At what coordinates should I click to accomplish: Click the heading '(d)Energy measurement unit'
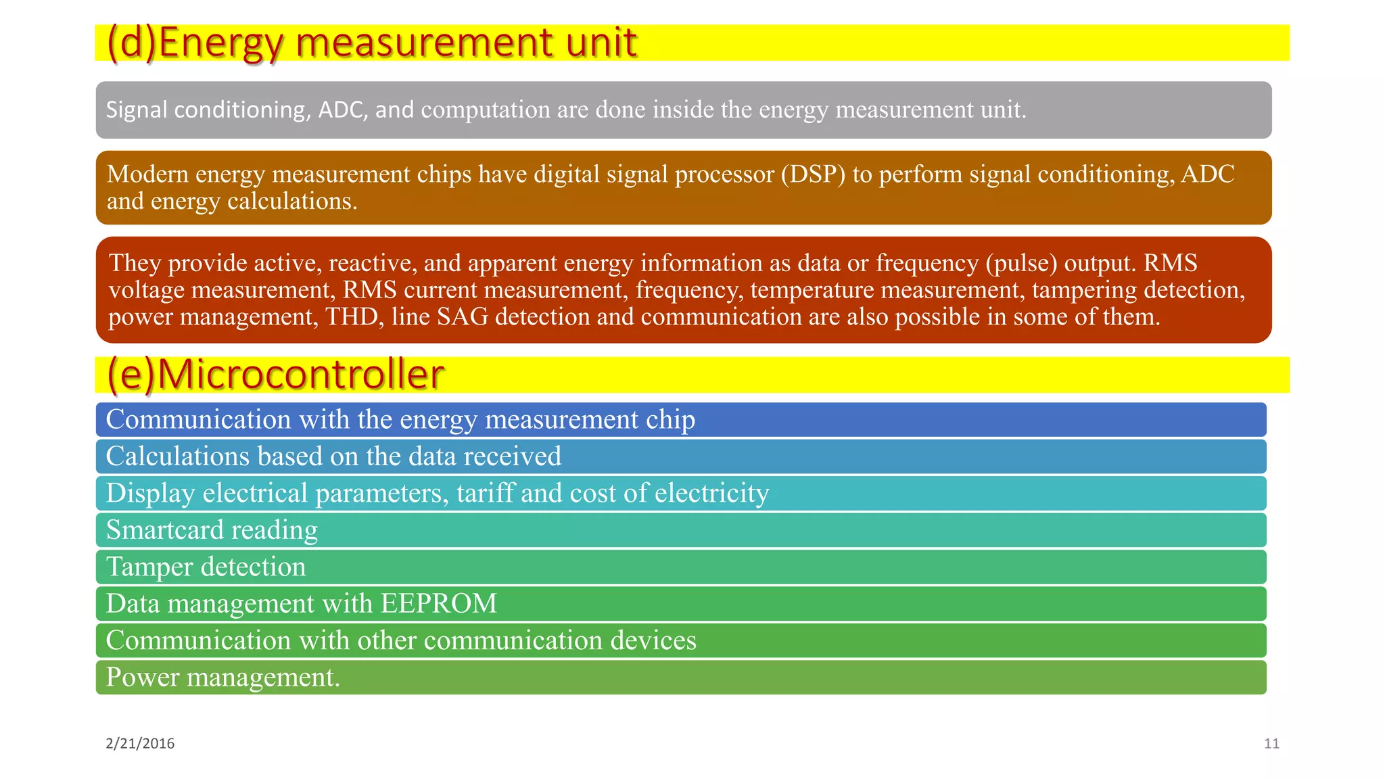pyautogui.click(x=372, y=43)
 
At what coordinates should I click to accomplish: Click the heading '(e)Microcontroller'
pyautogui.click(x=276, y=374)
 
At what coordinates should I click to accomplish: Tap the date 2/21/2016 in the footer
pyautogui.click(x=140, y=744)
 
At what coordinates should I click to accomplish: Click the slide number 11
pyautogui.click(x=1271, y=744)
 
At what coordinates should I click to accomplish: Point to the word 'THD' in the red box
pyautogui.click(x=351, y=316)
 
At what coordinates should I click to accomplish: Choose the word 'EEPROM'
pyautogui.click(x=439, y=603)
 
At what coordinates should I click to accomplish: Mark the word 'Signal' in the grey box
pyautogui.click(x=136, y=110)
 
